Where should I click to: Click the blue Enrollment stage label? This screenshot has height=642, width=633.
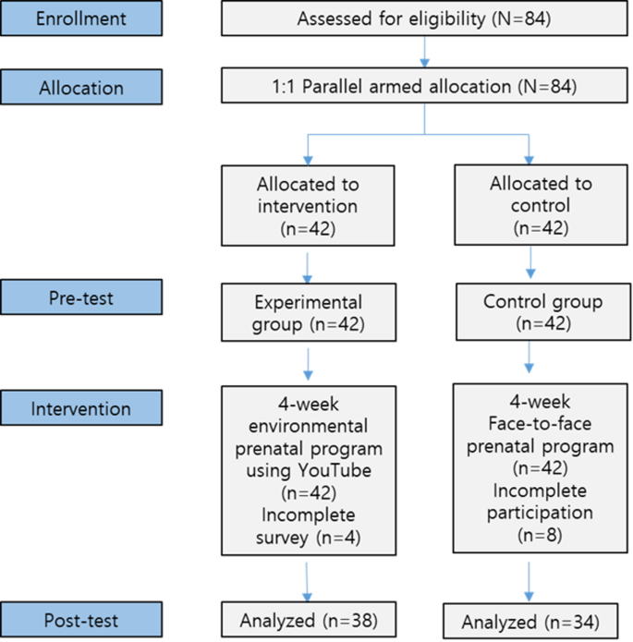[81, 18]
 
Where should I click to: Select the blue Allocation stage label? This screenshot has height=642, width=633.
[81, 88]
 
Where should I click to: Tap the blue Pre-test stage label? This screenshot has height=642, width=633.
[81, 299]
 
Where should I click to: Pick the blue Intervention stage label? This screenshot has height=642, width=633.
[81, 407]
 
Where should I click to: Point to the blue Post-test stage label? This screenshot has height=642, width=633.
[81, 618]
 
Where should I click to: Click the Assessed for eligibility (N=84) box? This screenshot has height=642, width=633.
[424, 18]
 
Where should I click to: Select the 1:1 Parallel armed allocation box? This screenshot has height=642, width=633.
[424, 88]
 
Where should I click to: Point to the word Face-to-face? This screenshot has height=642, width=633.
[529, 427]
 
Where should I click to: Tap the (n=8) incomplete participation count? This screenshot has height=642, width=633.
[529, 533]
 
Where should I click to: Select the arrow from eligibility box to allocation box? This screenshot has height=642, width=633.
[424, 52]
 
